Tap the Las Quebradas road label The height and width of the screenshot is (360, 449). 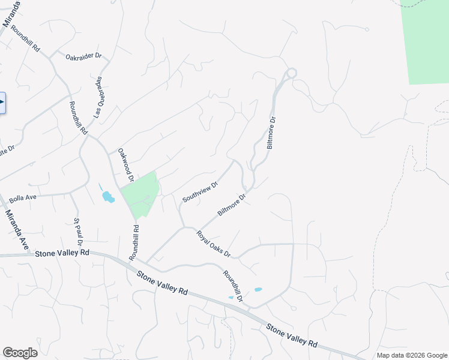98,97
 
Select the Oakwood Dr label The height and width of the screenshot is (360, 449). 125,166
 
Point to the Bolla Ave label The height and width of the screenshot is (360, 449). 23,199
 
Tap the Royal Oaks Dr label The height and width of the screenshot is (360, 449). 214,244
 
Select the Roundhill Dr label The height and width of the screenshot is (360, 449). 233,286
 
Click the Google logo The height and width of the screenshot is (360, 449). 20,352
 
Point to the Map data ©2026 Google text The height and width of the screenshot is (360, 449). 411,355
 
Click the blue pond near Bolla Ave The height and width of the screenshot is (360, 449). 107,196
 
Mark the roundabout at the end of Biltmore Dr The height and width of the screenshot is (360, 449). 291,73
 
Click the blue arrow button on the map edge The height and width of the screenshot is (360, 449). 2,103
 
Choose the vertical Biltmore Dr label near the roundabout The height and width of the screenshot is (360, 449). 271,133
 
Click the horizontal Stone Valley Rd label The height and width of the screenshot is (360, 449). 62,253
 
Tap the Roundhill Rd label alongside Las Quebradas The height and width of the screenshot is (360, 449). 78,118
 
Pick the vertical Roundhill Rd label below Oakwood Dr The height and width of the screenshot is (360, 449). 134,242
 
